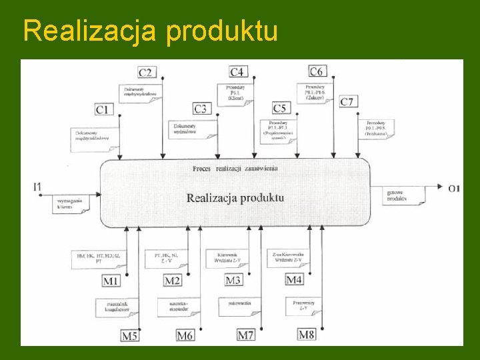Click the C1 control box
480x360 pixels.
[x=103, y=108]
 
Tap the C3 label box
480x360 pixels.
[x=201, y=108]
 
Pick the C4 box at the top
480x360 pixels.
[x=237, y=71]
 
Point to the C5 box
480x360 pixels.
[x=280, y=108]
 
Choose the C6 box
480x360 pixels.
[x=317, y=71]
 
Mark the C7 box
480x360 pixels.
[x=347, y=101]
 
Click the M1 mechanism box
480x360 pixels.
[x=111, y=281]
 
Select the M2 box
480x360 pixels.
[x=173, y=281]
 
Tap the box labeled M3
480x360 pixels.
[x=233, y=281]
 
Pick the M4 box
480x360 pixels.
[x=294, y=279]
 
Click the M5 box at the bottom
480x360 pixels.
[x=130, y=335]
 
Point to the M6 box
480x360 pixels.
[x=185, y=335]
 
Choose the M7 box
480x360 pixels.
[x=246, y=335]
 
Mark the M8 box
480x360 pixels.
[x=307, y=334]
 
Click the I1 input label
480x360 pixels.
[x=37, y=187]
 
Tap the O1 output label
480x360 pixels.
[x=454, y=189]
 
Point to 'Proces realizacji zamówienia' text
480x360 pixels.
[x=235, y=169]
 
